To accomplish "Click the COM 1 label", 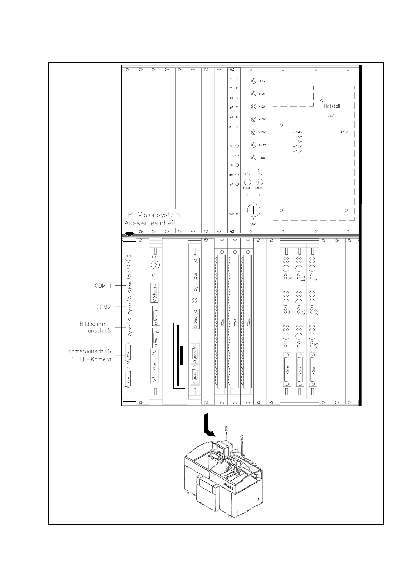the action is (x=103, y=286).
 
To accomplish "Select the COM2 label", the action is (x=104, y=307).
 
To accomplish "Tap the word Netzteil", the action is (x=332, y=106).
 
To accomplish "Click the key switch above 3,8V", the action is (x=254, y=210).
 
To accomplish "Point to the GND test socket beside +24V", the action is (x=254, y=158).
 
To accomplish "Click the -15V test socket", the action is (x=254, y=132).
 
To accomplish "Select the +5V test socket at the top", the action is (x=254, y=81).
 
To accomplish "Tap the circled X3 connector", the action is (x=155, y=265).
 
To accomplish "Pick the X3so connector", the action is (x=313, y=370).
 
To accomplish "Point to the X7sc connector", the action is (x=129, y=379).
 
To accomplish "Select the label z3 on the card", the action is (x=316, y=346).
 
